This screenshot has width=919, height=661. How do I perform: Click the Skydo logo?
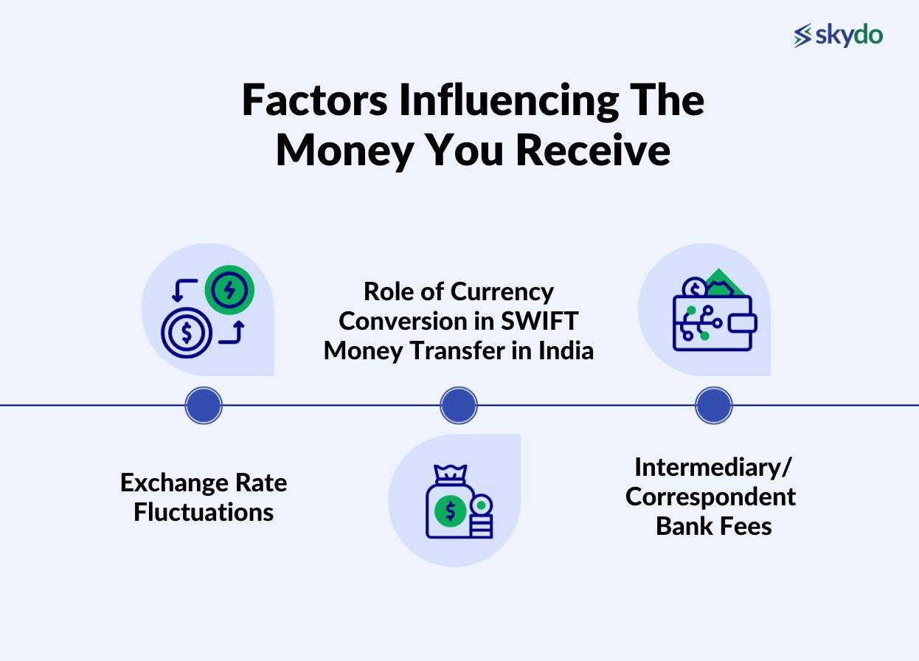pyautogui.click(x=838, y=35)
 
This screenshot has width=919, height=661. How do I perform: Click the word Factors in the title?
pyautogui.click(x=315, y=100)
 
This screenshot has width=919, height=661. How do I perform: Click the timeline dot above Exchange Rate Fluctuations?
pyautogui.click(x=204, y=406)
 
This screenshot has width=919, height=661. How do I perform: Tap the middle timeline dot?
pyautogui.click(x=459, y=406)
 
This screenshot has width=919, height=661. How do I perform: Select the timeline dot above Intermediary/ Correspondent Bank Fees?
pyautogui.click(x=714, y=406)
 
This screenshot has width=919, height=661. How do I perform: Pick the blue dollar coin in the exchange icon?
pyautogui.click(x=187, y=333)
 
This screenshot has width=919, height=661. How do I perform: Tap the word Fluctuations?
pyautogui.click(x=204, y=512)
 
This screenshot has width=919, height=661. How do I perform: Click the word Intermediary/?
pyautogui.click(x=712, y=467)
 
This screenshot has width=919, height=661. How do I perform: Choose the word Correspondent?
pyautogui.click(x=710, y=496)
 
